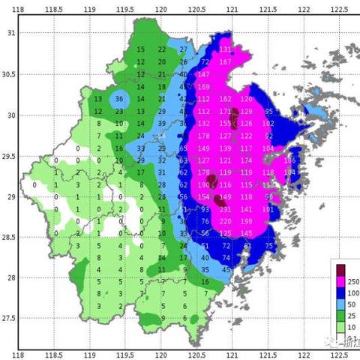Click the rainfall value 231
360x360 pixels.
pos(225,49)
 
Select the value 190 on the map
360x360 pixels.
pos(203,184)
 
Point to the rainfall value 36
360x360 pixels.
pos(118,99)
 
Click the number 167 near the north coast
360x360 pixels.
pos(225,61)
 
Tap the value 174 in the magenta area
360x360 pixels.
pos(246,160)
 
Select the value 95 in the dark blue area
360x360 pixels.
pos(268,111)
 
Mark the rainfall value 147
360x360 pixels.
pos(203,75)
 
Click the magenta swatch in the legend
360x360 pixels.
pos(341,280)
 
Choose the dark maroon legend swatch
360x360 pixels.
pos(341,268)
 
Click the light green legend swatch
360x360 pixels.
pos(341,328)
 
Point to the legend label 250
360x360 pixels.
pos(353,280)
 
